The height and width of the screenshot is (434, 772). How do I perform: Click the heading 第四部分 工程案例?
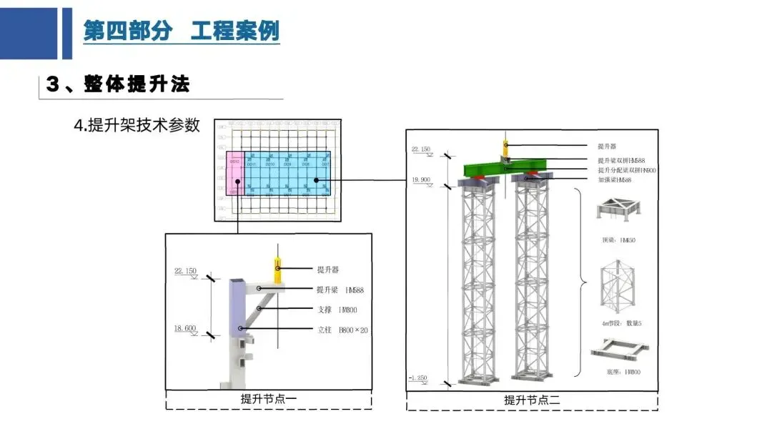coord(181,31)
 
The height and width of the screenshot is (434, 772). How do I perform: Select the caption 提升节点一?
coord(269,399)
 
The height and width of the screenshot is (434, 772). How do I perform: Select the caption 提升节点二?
coord(532,400)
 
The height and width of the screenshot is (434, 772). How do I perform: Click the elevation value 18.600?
coord(184,328)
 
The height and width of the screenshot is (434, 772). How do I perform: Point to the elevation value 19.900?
coord(420,179)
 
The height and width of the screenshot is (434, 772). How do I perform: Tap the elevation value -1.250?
coord(420,377)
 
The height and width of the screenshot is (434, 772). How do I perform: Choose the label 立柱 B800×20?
coord(342,330)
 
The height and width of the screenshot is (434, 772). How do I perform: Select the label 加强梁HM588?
coord(615,180)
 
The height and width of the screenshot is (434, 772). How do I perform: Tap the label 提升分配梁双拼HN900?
coord(627,171)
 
